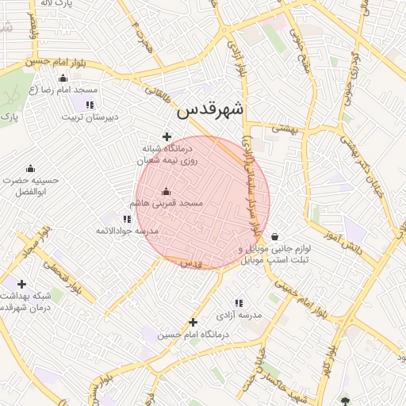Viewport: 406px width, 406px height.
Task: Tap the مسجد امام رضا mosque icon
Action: point(63,79)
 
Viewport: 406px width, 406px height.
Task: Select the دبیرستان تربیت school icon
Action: point(90,105)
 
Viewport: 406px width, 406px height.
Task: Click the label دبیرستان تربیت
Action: point(90,117)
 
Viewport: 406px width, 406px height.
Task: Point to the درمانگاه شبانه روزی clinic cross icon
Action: point(167,136)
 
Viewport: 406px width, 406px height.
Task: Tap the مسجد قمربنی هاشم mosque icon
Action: point(166,191)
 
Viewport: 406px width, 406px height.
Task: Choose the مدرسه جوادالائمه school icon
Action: point(127,219)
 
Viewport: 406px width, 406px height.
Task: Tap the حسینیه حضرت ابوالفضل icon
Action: point(30,168)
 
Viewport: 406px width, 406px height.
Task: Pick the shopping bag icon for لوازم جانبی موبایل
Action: point(274,236)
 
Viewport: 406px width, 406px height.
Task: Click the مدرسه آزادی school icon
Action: point(238,303)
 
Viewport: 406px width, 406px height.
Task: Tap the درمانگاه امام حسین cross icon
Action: point(193,322)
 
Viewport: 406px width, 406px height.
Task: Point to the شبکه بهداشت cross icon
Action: point(21,284)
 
